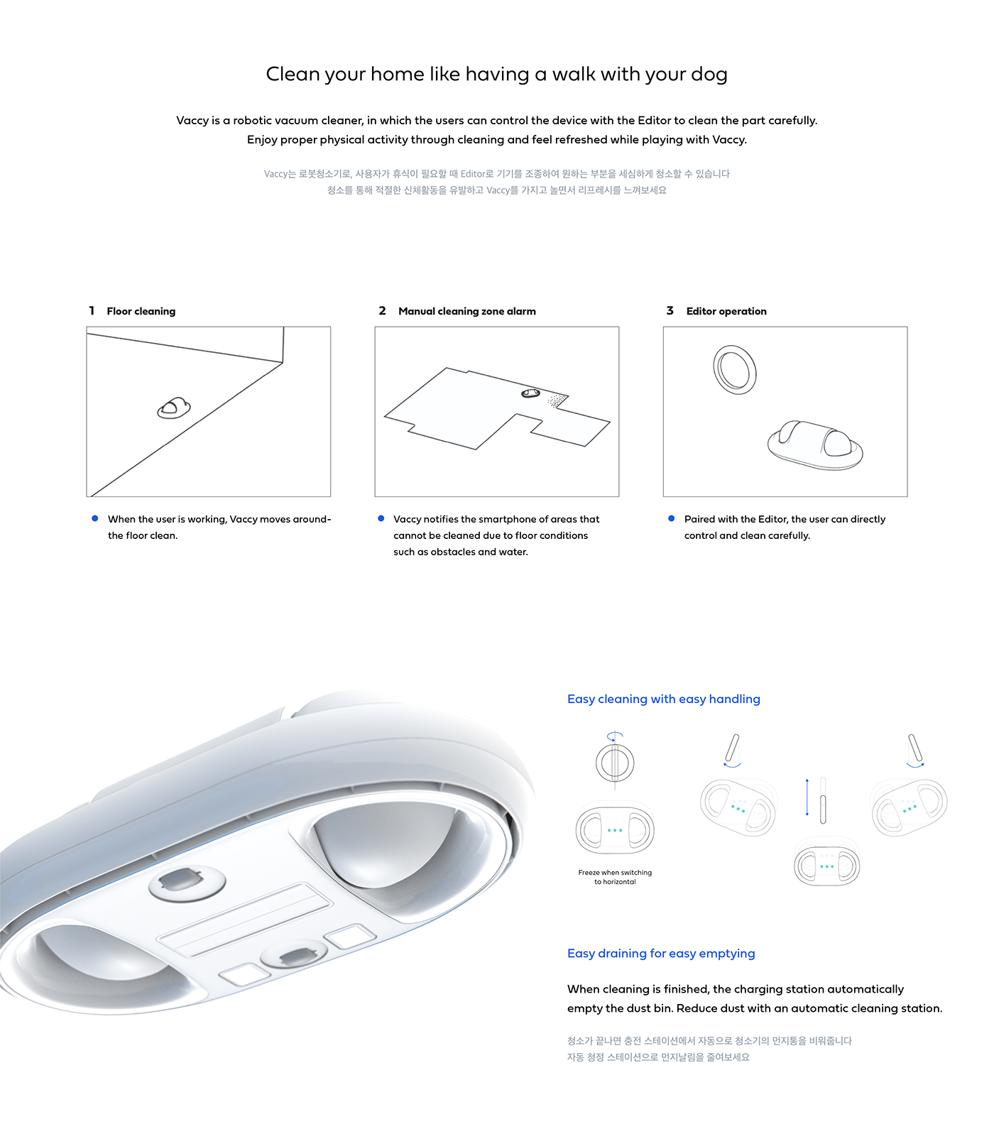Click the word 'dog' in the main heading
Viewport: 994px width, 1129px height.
coord(708,75)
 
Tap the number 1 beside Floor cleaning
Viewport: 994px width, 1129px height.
coord(92,310)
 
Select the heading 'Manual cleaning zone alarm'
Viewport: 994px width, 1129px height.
coord(466,311)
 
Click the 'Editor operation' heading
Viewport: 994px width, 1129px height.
coord(726,311)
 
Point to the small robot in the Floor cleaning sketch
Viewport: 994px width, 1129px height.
coord(174,408)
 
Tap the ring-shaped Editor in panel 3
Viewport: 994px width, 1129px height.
coord(735,369)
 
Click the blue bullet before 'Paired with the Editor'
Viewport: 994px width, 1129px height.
coord(671,518)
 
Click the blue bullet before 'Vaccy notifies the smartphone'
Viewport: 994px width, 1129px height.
coord(381,518)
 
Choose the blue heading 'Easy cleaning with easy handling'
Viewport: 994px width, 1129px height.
coord(663,699)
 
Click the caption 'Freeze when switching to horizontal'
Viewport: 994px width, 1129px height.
coord(615,877)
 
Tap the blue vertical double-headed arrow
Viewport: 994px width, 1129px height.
coord(807,797)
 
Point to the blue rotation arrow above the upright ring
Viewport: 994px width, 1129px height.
coord(615,736)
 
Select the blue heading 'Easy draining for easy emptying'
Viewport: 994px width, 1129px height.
coord(660,953)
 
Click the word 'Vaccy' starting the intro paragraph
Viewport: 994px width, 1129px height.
coord(192,121)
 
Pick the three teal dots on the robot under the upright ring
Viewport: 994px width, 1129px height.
coord(615,830)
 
